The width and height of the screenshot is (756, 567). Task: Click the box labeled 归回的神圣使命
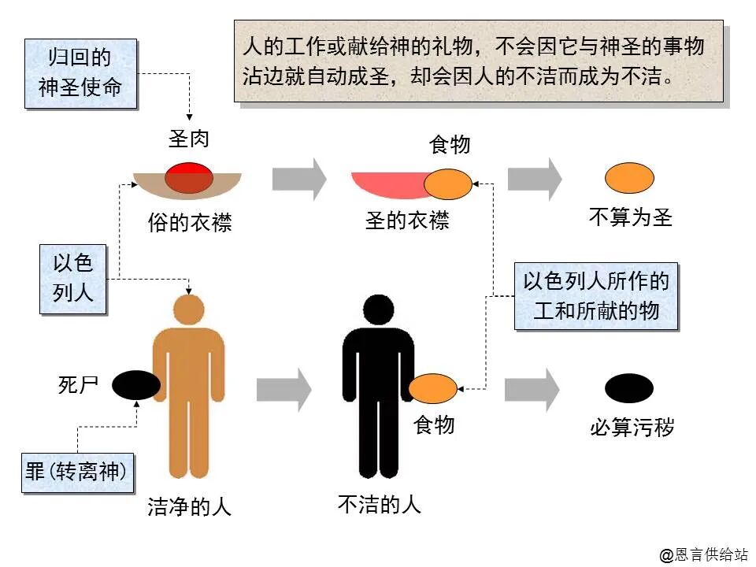(x=80, y=72)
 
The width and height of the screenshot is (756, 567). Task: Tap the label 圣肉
(x=189, y=139)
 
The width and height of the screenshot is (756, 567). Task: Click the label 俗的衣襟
(x=190, y=223)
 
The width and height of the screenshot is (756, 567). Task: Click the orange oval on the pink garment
(x=448, y=184)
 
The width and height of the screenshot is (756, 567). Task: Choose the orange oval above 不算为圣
(x=629, y=177)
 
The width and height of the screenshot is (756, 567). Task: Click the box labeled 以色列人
(x=73, y=278)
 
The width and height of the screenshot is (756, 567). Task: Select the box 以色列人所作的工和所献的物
(x=596, y=297)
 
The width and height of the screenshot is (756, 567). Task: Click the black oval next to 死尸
(x=135, y=385)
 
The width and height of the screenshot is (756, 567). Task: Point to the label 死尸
(x=78, y=385)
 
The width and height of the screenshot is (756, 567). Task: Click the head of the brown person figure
(x=188, y=308)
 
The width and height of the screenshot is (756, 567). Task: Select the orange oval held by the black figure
(x=433, y=388)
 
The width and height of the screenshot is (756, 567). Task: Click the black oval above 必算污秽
(x=628, y=388)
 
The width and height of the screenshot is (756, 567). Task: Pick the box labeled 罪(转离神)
(x=76, y=472)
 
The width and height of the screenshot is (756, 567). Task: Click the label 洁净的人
(x=190, y=507)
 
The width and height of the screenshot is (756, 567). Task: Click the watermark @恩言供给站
(x=703, y=554)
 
